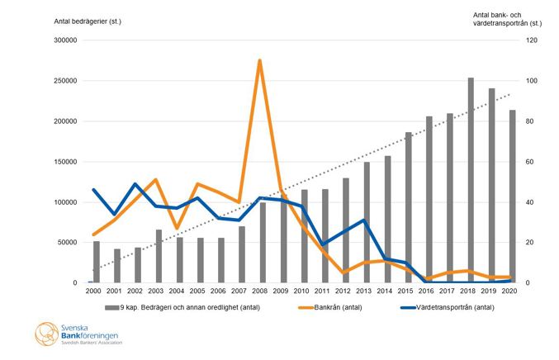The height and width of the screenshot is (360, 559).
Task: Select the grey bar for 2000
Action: coord(97,262)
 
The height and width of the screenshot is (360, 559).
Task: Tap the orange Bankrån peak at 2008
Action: coord(260,60)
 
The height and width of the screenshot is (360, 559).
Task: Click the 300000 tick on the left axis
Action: coord(65,40)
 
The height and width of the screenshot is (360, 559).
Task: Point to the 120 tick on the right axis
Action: coord(533,40)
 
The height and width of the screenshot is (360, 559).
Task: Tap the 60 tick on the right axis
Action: coord(532,162)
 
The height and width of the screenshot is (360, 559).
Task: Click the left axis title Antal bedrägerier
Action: coord(88,21)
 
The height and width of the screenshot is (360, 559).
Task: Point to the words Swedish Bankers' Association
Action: coord(90,342)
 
